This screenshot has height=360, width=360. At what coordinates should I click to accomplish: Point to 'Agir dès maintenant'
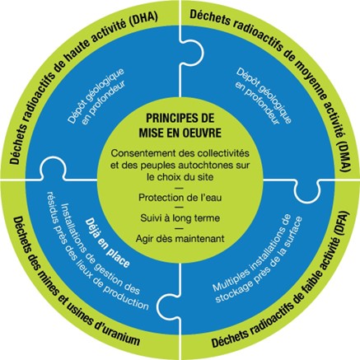pos(179,239)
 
